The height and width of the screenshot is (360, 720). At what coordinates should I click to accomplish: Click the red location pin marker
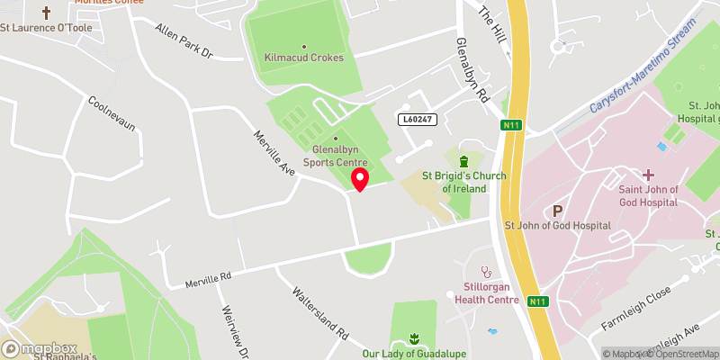click(360, 178)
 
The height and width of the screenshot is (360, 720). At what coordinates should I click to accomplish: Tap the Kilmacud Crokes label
click(304, 58)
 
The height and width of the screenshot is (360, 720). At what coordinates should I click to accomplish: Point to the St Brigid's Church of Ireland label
click(463, 183)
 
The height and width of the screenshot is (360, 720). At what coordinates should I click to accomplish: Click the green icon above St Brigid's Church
click(463, 161)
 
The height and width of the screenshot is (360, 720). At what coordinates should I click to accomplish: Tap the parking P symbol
click(557, 211)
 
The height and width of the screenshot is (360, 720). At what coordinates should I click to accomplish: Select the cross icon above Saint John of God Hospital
click(647, 174)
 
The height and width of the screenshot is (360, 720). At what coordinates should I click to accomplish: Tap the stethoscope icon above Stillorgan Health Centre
click(487, 270)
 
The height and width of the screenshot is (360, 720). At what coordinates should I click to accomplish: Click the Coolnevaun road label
click(112, 113)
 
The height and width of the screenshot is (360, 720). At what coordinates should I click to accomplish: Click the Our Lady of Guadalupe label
click(414, 354)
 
